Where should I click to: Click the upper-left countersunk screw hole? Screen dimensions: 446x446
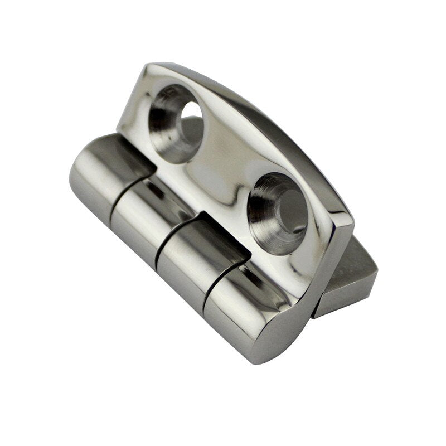[x=176, y=123]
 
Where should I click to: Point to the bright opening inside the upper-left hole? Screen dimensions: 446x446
[x=191, y=114]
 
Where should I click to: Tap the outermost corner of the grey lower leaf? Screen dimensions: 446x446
[x=376, y=273]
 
